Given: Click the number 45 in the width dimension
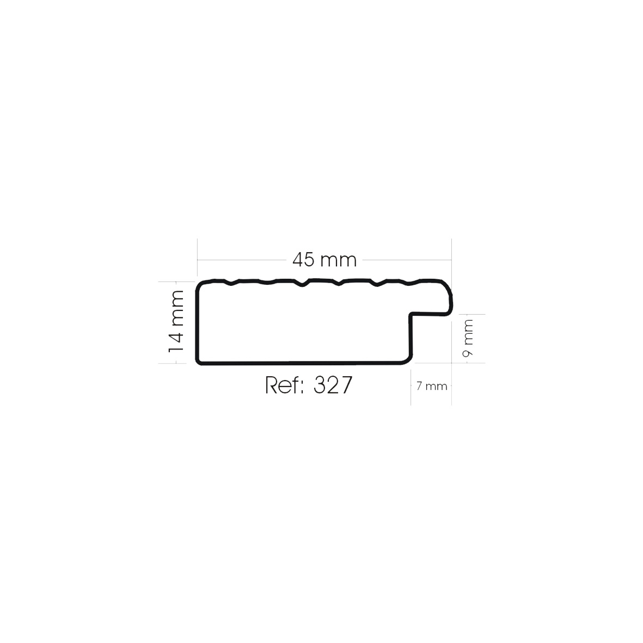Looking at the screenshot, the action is [303, 260].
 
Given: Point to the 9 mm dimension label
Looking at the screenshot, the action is [468, 338].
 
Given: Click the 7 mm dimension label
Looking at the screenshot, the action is [431, 386].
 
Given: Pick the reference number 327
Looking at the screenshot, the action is [333, 384].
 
